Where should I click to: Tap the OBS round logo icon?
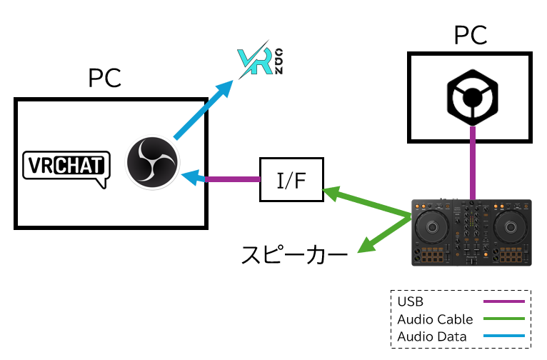click(152, 163)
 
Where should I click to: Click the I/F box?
click(291, 179)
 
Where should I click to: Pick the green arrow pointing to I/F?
click(368, 201)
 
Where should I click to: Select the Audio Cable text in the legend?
click(435, 319)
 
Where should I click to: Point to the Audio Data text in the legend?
click(432, 336)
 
